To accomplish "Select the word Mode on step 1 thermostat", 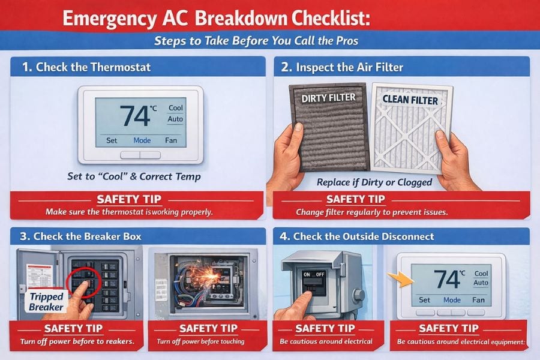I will coord(142,141).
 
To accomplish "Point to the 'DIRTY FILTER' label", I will coord(328,97).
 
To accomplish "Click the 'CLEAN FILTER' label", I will coord(411,100).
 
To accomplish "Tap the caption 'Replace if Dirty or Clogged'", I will coord(375,182).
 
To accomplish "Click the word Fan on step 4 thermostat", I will coord(478,300).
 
